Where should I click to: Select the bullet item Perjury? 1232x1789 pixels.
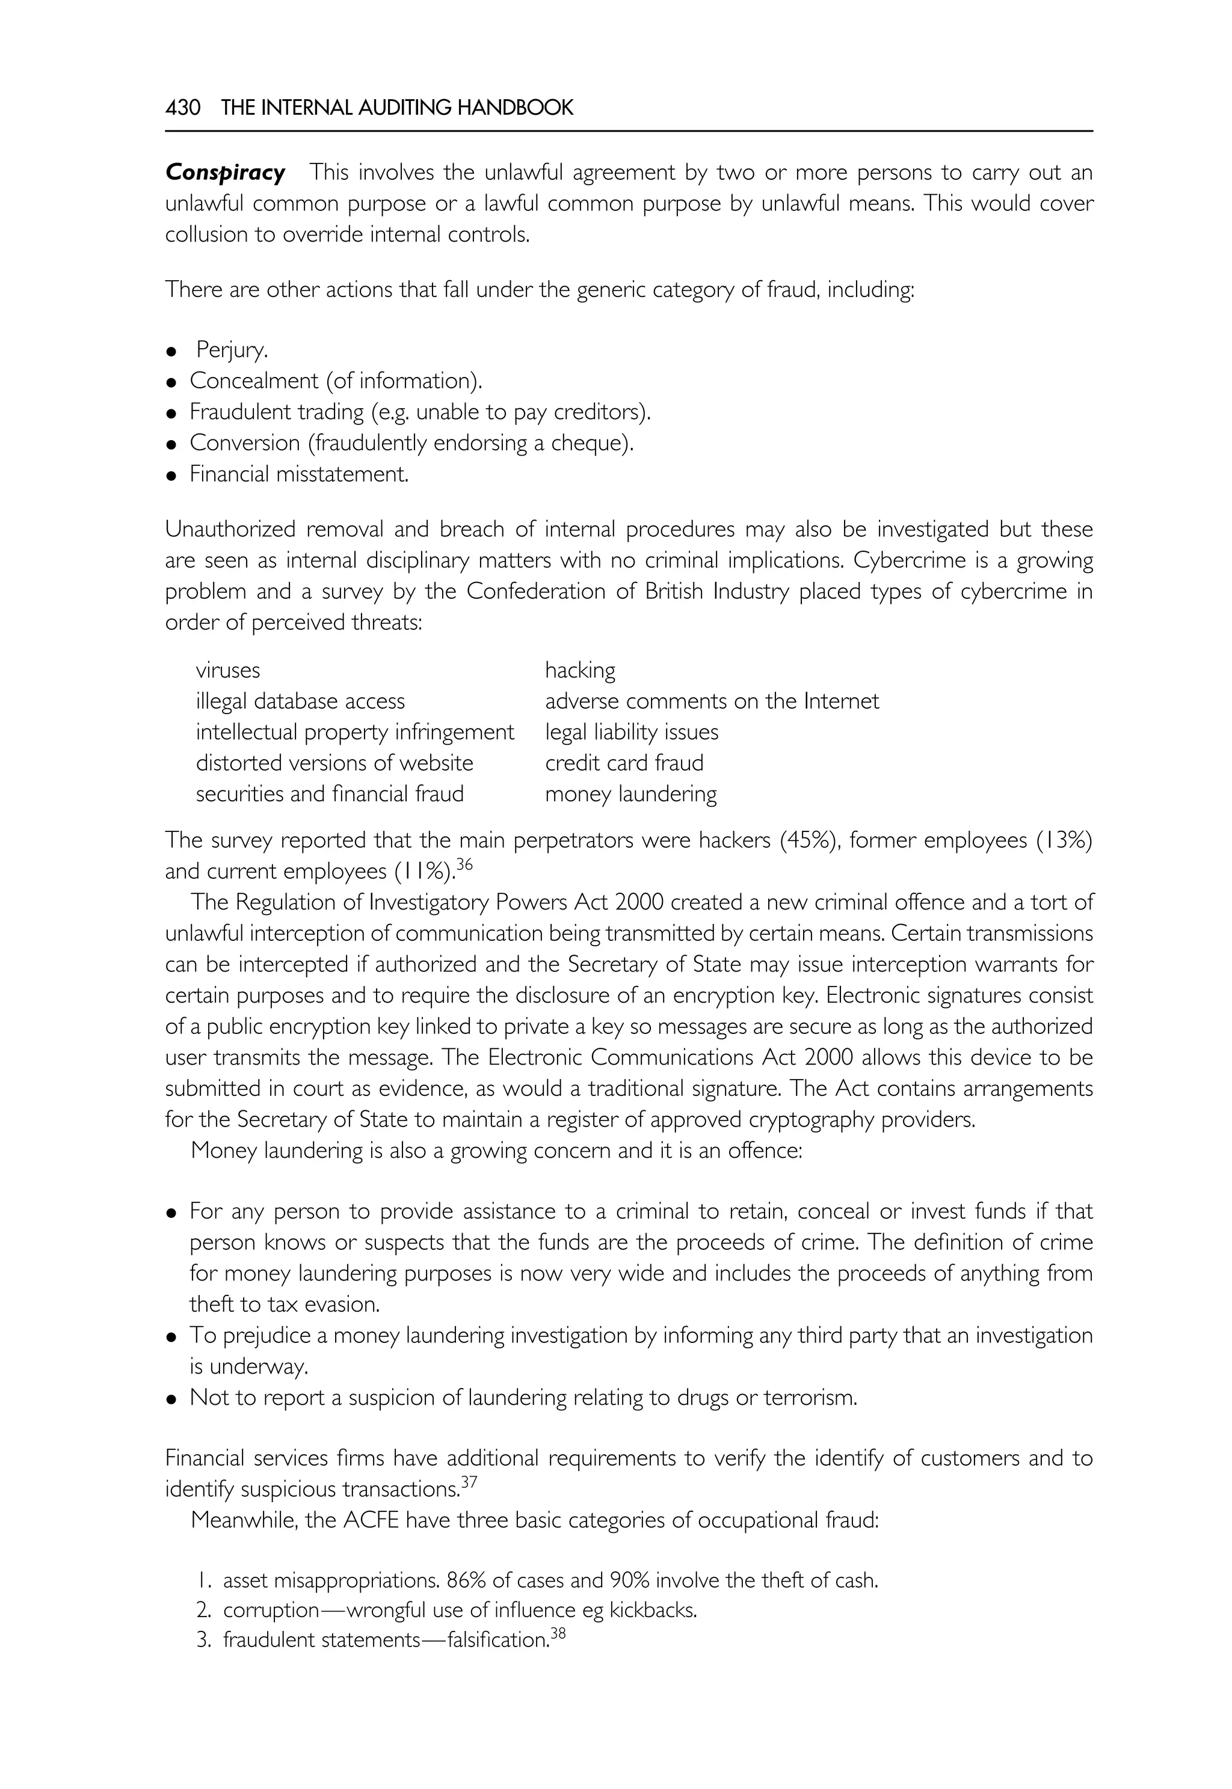[x=232, y=350]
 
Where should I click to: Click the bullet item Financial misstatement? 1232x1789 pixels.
[x=299, y=474]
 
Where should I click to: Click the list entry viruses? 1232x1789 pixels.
[x=228, y=670]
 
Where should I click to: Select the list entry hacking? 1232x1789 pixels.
[x=581, y=670]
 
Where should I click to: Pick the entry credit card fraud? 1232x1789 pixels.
[x=624, y=763]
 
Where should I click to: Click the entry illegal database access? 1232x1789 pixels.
[x=300, y=702]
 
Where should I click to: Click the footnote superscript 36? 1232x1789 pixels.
[x=464, y=865]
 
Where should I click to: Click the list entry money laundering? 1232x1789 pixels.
[x=630, y=794]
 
